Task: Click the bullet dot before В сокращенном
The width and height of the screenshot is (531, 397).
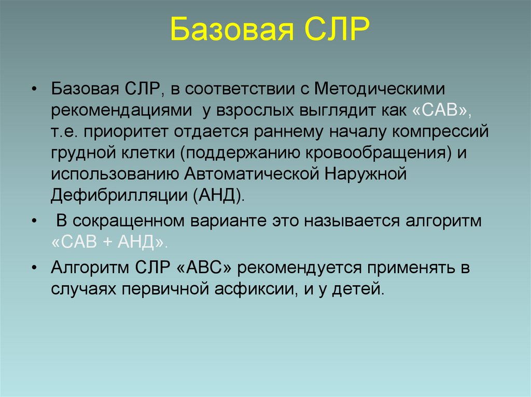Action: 34,222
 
